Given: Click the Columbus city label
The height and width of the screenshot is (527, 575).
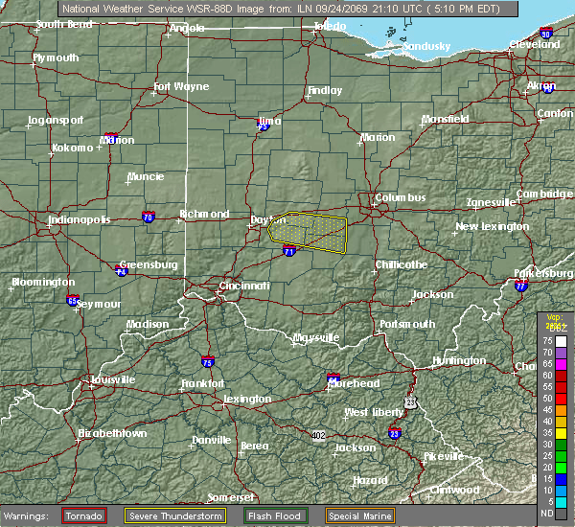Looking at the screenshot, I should click(400, 198).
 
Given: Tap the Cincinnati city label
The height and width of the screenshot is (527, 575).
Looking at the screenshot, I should click(243, 286).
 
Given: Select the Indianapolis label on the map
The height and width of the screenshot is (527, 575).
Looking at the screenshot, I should click(80, 219).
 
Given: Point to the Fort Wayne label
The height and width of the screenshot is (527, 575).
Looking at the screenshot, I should click(181, 87).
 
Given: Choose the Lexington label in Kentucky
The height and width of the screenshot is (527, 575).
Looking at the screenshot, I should click(247, 399).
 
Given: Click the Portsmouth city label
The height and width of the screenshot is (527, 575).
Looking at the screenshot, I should click(406, 325).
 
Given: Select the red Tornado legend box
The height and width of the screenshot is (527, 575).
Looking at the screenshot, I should click(84, 516).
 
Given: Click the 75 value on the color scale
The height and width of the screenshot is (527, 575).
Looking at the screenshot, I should click(547, 339).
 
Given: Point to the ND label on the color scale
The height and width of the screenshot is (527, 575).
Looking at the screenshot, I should click(547, 514).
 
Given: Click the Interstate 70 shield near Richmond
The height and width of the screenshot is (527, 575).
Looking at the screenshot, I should click(148, 217).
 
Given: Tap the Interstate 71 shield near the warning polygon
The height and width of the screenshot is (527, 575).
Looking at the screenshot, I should click(288, 251).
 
